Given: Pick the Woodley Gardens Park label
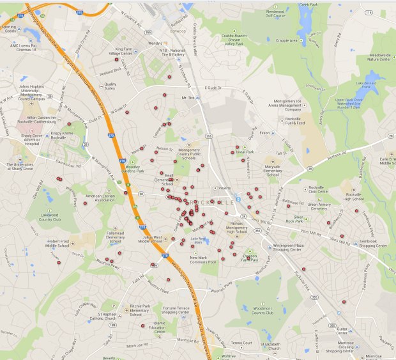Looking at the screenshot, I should [x=133, y=169].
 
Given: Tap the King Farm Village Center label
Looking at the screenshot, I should [x=128, y=51].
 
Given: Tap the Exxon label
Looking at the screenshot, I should [x=265, y=133].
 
